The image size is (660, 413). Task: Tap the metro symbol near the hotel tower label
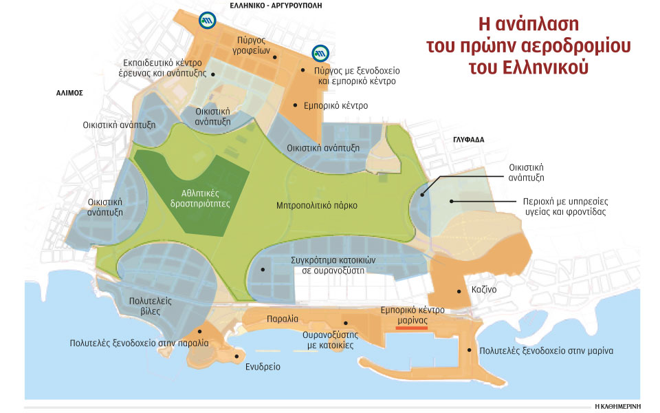click(x=319, y=53)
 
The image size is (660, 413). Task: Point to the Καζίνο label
click(x=484, y=290)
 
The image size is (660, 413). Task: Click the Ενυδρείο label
click(x=263, y=367)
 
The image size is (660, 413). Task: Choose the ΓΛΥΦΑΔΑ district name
click(x=469, y=139)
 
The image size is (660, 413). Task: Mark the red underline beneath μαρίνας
click(x=412, y=328)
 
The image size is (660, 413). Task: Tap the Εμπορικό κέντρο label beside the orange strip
click(x=335, y=106)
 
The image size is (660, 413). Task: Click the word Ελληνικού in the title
click(x=547, y=69)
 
